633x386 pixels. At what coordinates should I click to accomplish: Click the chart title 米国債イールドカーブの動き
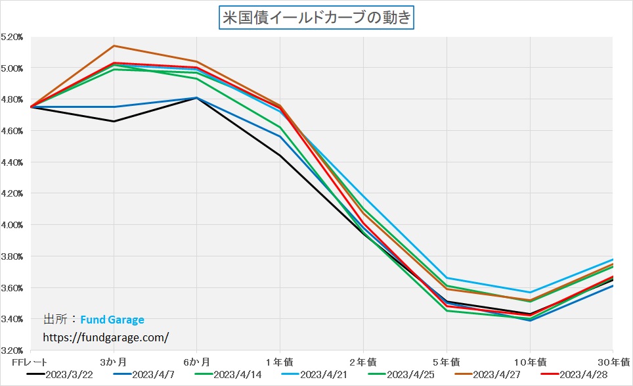click(316, 18)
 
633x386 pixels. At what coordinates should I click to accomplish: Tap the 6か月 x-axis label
click(197, 362)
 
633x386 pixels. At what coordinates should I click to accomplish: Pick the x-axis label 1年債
click(280, 362)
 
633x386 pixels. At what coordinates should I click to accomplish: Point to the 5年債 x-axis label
click(447, 362)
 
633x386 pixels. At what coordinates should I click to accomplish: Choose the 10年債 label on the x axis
click(530, 362)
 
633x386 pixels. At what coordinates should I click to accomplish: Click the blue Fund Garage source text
click(112, 320)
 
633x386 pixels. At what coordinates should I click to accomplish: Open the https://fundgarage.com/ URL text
click(106, 337)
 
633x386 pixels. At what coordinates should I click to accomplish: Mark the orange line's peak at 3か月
click(114, 46)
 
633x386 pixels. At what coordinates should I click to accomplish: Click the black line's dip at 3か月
click(114, 121)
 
